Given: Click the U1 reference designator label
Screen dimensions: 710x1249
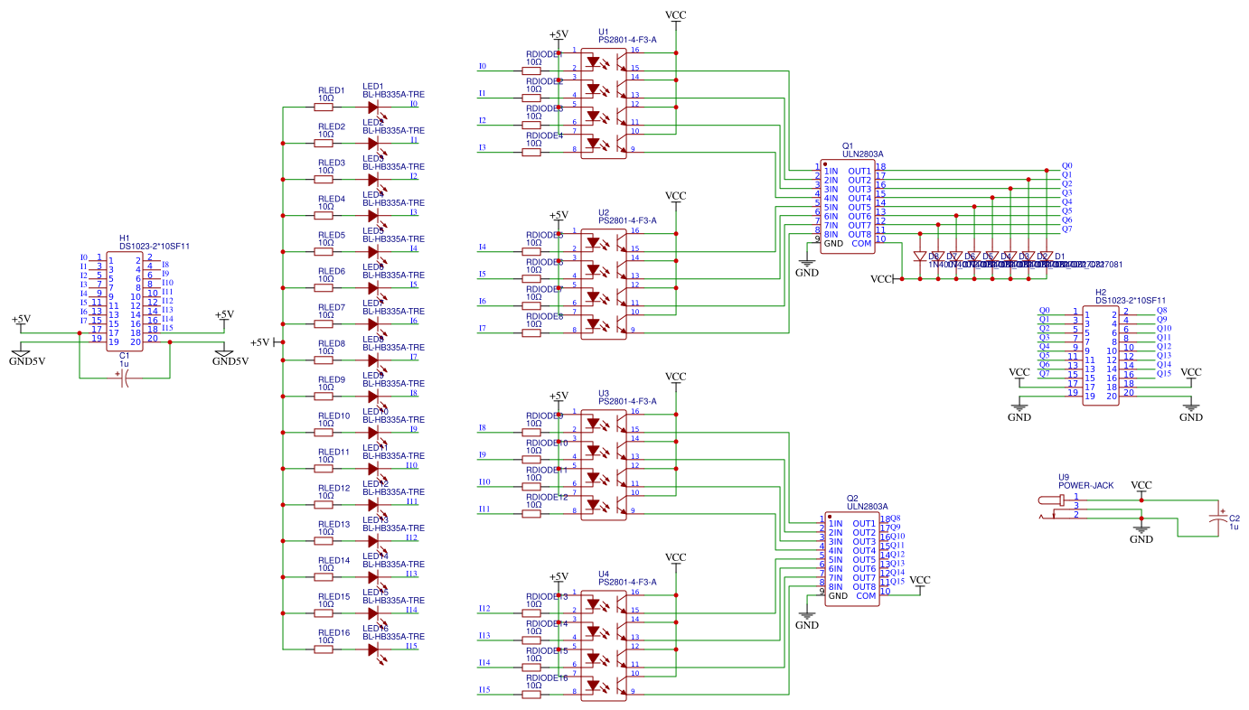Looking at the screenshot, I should point(604,31).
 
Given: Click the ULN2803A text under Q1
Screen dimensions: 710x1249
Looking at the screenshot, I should point(862,154).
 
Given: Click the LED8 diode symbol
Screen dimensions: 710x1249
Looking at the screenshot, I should point(373,360).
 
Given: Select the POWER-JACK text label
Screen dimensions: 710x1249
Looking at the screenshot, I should point(1085,485).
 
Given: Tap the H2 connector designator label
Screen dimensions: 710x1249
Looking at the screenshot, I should point(1100,293).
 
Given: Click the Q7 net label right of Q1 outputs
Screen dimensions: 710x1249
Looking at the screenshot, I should point(1066,229).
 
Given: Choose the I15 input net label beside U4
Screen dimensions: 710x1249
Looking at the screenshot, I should point(484,690).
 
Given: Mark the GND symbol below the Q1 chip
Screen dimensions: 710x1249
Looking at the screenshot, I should point(806,270).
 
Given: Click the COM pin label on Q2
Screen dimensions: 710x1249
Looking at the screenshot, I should point(865,596).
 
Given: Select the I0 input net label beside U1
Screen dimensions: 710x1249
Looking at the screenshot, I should point(482,67).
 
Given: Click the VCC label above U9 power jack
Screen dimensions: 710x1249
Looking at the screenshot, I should point(1141,485).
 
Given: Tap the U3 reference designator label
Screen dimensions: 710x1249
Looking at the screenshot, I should point(604,393).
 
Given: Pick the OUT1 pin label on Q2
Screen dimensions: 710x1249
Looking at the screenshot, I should point(863,524).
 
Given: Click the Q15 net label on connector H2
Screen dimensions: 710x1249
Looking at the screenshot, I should point(1163,374).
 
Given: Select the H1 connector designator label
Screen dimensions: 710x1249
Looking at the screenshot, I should point(125,238).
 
